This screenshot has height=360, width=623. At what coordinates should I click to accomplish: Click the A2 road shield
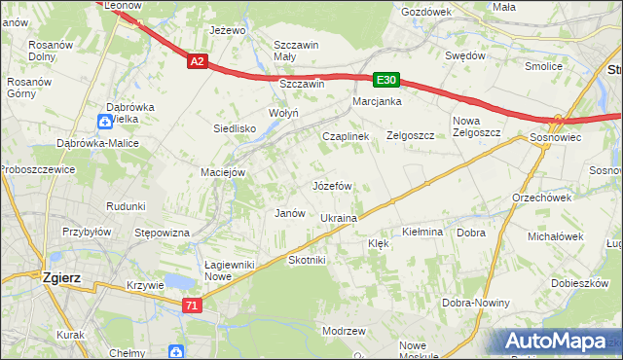coord(198,61)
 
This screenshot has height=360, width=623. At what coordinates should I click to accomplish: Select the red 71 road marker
coord(193,306)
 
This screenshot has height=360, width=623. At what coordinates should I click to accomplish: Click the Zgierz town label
coord(60,277)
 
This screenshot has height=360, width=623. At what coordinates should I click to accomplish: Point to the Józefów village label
coord(331,185)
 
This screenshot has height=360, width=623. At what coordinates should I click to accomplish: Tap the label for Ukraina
coord(339,218)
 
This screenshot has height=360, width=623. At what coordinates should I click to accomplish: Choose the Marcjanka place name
coord(378,101)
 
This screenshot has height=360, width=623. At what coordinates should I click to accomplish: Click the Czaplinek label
coord(346,137)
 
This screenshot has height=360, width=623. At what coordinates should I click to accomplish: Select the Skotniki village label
coord(308,260)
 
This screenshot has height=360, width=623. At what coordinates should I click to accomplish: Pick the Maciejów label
coord(223,172)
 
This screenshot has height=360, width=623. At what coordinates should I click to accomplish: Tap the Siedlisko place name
coord(235,128)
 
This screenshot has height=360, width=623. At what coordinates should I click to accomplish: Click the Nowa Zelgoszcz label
coord(475,127)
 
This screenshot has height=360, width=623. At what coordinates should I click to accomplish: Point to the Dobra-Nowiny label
coord(477,303)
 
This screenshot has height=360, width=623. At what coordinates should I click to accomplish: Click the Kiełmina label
coord(422,233)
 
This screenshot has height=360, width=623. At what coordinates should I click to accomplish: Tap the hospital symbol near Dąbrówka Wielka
coord(105,121)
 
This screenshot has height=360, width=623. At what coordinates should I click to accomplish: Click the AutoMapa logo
coord(558,342)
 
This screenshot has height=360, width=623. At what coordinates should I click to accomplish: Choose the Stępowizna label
coord(162,233)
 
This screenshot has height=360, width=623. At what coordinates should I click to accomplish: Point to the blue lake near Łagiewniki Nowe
coord(178,282)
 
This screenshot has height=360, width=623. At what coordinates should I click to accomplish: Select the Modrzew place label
coord(343,331)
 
